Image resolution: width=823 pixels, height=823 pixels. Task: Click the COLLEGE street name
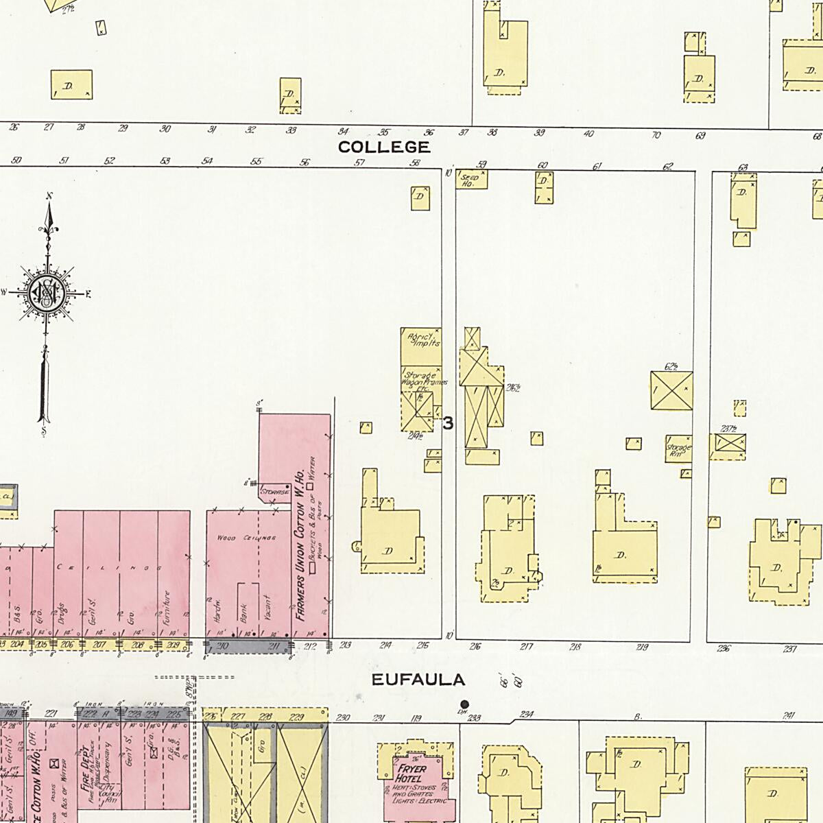tap(384, 147)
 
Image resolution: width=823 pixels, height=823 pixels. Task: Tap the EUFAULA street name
tap(418, 680)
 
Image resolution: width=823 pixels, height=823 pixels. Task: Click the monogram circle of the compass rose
tap(45, 294)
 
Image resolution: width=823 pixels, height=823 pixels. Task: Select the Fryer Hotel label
tap(411, 774)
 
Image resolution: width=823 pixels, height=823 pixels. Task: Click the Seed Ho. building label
tap(470, 179)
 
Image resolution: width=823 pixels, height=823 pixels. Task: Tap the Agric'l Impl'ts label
tap(422, 339)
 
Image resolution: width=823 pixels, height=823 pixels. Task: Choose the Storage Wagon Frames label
tap(425, 380)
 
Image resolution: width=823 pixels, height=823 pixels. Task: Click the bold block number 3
tap(448, 423)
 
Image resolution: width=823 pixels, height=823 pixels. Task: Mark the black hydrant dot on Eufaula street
tap(465, 704)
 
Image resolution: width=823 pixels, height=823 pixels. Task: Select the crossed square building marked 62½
tap(671, 390)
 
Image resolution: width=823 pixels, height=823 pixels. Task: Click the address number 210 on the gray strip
tap(222, 645)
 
